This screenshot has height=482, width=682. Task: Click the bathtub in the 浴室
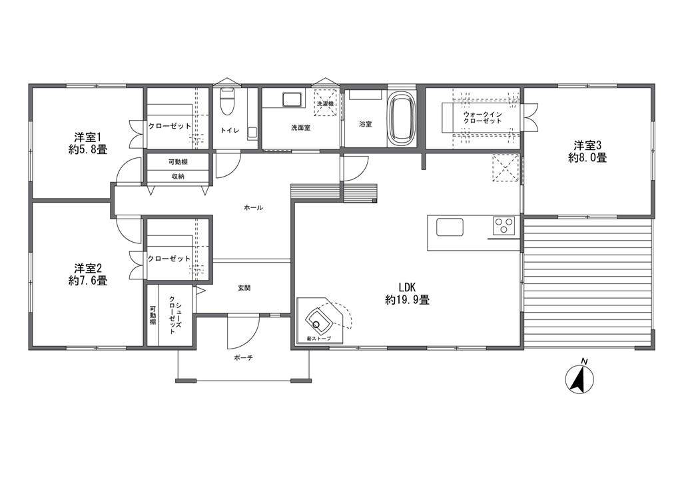tap(402, 119)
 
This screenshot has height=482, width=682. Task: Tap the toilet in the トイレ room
tap(226, 102)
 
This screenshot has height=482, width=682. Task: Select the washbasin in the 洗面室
tap(292, 99)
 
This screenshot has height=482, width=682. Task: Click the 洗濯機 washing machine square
tap(325, 103)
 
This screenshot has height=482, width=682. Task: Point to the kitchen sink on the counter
tap(450, 227)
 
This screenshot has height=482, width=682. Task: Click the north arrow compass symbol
tap(579, 378)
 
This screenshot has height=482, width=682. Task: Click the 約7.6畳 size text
tap(88, 281)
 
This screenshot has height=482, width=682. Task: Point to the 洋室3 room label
tap(587, 145)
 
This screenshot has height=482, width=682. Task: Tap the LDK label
tap(408, 287)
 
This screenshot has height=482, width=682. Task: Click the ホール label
tap(254, 208)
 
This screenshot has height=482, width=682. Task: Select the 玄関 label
tap(244, 288)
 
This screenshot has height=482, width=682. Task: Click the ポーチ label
tap(244, 358)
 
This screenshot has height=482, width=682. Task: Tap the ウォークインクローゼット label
tap(483, 117)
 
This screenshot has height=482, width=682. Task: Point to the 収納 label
tap(178, 177)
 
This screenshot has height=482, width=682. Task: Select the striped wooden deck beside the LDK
tap(588, 283)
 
